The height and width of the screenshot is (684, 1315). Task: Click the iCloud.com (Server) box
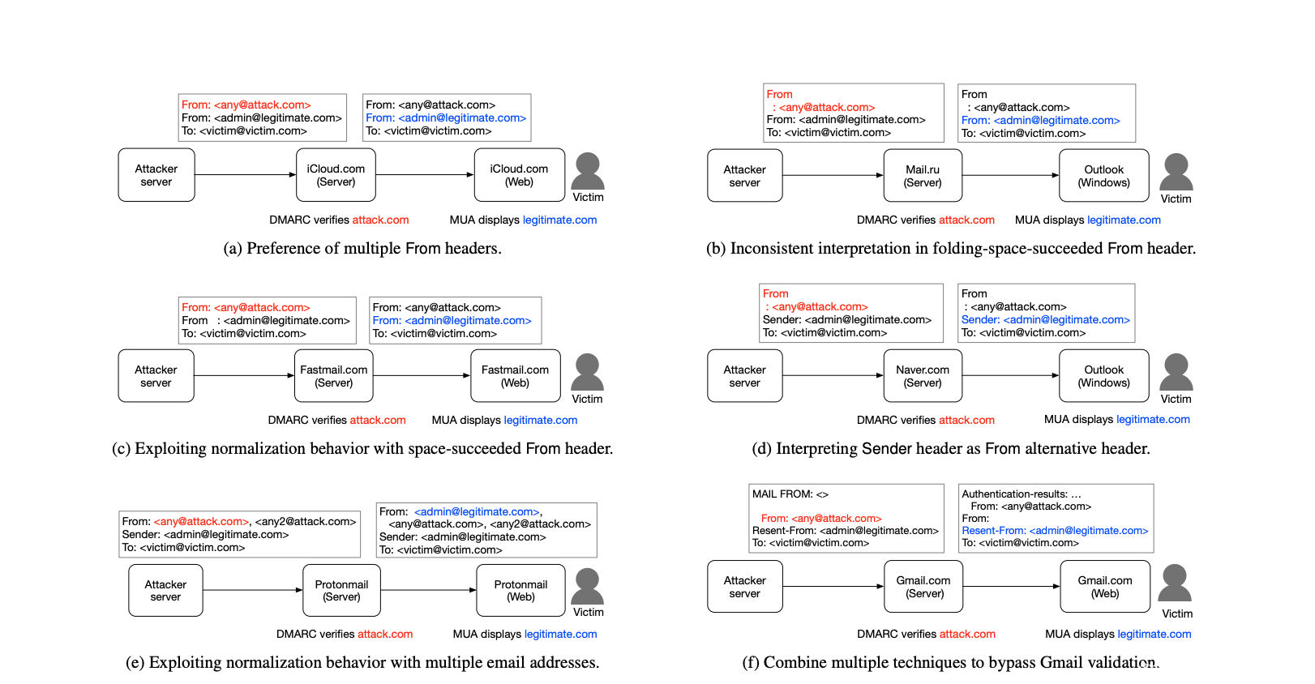336,175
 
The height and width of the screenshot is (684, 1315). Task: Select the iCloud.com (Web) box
520,175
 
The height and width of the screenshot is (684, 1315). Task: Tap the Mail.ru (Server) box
923,175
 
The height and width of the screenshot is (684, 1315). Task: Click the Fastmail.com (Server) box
333,375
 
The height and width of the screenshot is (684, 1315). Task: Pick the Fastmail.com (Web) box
516,375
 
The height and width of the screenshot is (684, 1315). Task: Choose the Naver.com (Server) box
923,375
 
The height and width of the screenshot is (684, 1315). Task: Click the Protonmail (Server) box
341,590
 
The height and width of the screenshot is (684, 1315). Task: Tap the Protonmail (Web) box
520,590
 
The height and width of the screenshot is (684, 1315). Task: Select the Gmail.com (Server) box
923,586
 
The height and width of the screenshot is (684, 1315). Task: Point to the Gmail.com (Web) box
1105,586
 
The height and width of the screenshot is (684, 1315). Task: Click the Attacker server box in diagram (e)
165,590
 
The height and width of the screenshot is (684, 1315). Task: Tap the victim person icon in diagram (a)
588,171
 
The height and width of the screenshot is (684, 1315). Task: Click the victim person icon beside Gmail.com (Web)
1175,583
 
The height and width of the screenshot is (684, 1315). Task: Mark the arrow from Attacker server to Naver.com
833,375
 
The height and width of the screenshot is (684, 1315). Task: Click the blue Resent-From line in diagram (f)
1055,530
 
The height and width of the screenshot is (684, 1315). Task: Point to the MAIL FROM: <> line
790,494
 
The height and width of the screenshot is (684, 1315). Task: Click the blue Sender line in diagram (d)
1046,319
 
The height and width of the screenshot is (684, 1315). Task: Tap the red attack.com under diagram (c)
378,420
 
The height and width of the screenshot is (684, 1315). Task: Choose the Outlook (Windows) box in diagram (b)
1103,175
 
